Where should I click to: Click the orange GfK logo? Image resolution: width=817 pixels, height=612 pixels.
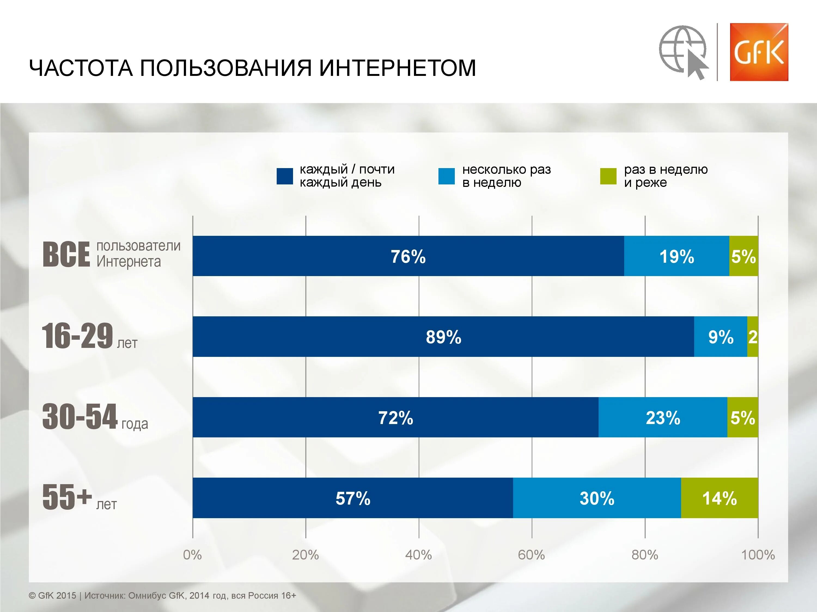(759, 52)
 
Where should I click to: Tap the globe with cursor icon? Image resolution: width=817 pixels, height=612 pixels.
(683, 52)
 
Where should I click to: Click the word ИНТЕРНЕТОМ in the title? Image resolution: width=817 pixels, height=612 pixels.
(397, 68)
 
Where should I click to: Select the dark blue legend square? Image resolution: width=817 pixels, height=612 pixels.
(285, 176)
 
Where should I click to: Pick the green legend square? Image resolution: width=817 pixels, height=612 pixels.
(608, 176)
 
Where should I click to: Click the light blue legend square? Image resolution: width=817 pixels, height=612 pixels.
(447, 176)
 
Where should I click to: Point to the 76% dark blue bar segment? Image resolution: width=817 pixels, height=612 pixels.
(408, 256)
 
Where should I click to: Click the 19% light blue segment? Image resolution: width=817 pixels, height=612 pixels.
(677, 256)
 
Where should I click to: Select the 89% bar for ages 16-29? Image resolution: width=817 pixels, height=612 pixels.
(443, 336)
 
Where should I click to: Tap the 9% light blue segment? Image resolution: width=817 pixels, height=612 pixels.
(721, 336)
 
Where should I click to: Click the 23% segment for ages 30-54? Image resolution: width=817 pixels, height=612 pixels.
(663, 417)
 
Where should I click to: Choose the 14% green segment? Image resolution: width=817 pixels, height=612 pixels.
(720, 498)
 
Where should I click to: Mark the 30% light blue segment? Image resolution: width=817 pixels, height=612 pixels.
(597, 498)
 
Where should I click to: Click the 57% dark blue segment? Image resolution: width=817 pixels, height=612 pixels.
(353, 498)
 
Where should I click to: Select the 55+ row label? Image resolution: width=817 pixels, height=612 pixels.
(80, 498)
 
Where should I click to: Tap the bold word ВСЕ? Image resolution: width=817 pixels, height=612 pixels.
(66, 255)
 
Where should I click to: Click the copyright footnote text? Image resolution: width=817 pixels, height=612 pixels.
(163, 595)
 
